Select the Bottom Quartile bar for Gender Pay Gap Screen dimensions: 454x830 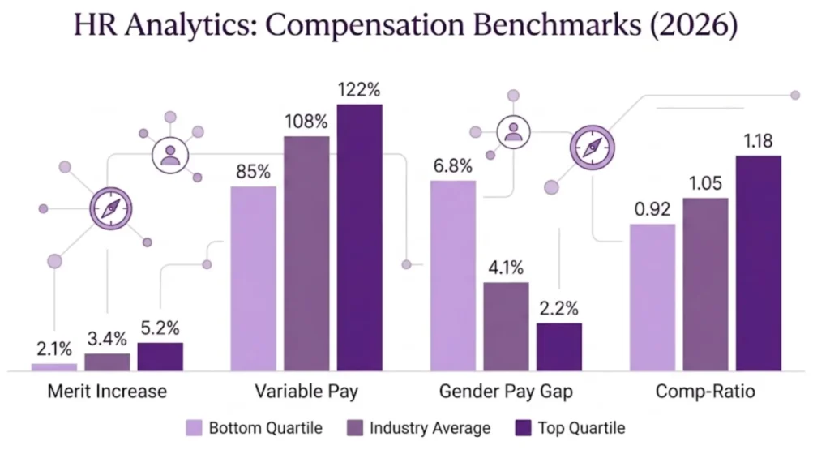[453, 276]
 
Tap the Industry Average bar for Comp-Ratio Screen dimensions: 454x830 [705, 285]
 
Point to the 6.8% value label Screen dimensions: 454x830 [453, 166]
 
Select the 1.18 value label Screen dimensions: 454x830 [759, 142]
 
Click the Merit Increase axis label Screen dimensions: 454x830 [107, 392]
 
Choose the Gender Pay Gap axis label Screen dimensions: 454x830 [506, 392]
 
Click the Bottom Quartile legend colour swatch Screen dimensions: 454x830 [194, 427]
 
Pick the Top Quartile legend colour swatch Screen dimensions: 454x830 [524, 427]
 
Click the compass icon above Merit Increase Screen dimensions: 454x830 [111, 208]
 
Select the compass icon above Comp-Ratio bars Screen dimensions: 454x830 [592, 147]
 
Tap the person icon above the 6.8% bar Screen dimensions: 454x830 [513, 131]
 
